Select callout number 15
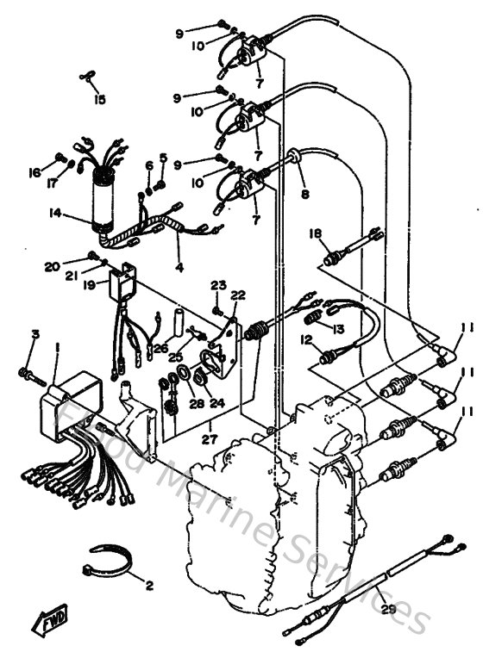100,100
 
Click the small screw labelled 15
87,78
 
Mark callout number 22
238,295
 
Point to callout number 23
218,285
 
